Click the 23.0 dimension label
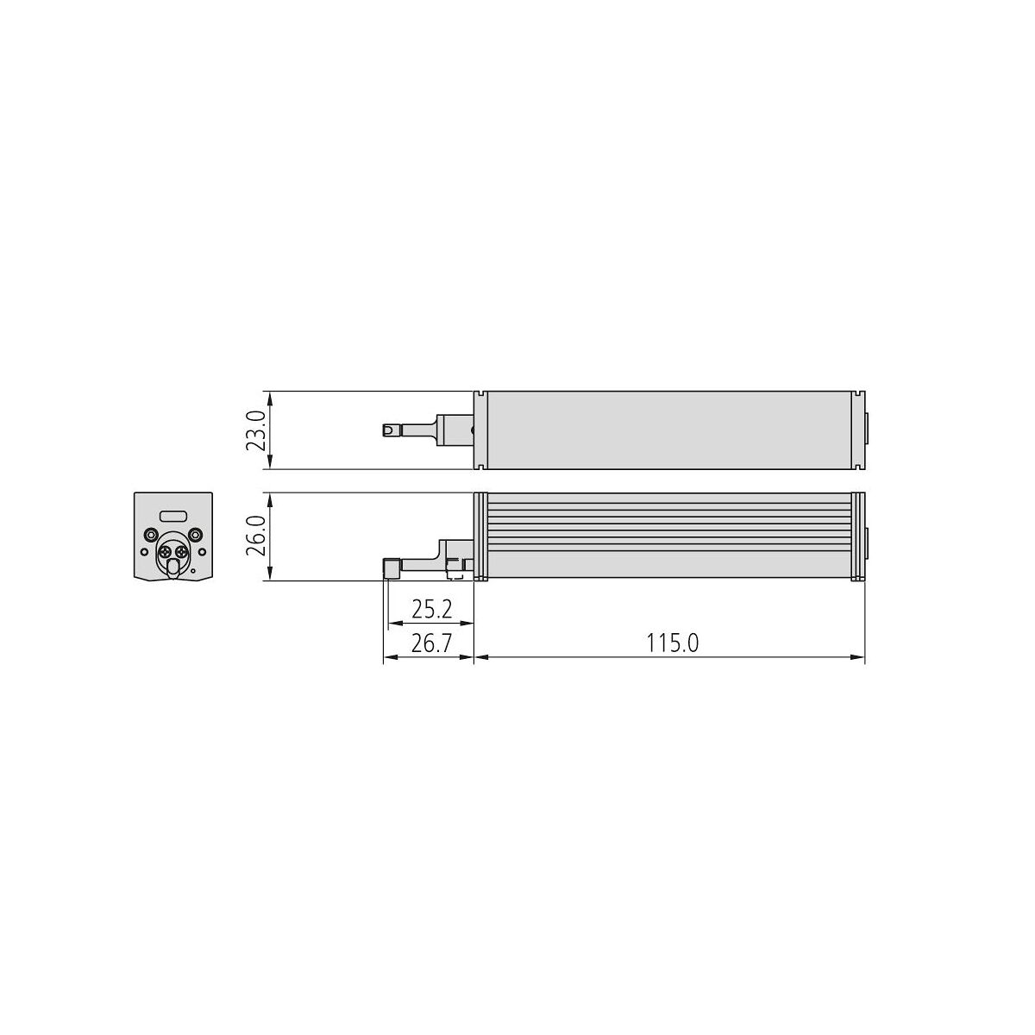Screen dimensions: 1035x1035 click(255, 430)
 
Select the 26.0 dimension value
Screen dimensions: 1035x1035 click(255, 536)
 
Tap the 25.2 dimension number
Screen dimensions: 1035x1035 click(432, 610)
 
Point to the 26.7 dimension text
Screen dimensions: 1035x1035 click(432, 643)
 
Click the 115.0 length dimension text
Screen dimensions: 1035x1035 click(673, 643)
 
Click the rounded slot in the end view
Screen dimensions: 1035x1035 click(173, 516)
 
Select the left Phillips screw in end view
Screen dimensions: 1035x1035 click(166, 552)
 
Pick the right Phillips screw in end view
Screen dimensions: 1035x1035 click(180, 552)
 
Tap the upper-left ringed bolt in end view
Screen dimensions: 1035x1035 click(150, 535)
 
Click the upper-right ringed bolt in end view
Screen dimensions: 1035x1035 click(196, 535)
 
